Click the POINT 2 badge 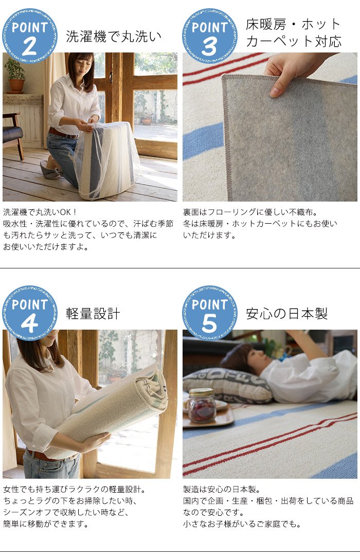[x=30, y=35]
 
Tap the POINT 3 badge [x=210, y=35]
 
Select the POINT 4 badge [x=30, y=313]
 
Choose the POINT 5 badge [x=210, y=313]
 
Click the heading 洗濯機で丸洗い [x=114, y=37]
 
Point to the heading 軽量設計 [x=93, y=314]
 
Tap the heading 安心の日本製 [x=287, y=314]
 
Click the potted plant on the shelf [x=15, y=75]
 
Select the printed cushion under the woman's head [x=228, y=386]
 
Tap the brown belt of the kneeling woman [x=63, y=134]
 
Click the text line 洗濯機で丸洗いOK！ [x=40, y=212]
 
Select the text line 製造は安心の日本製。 [x=222, y=489]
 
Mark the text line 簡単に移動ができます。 [x=46, y=524]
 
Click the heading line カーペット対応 [x=294, y=41]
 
